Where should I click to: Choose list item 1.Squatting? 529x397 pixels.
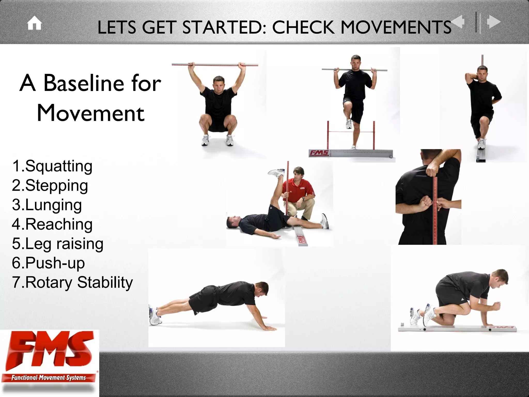tap(52, 166)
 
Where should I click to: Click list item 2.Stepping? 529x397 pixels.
tap(50, 186)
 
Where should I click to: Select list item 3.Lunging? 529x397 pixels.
tap(47, 205)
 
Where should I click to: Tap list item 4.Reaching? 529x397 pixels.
tap(52, 224)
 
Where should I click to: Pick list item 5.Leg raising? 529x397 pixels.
tap(58, 244)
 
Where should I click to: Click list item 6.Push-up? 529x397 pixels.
tap(49, 263)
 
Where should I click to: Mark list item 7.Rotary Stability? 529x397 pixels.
tap(72, 283)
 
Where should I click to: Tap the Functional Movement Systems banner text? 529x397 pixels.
tap(49, 378)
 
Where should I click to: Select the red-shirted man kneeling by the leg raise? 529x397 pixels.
tap(300, 191)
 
